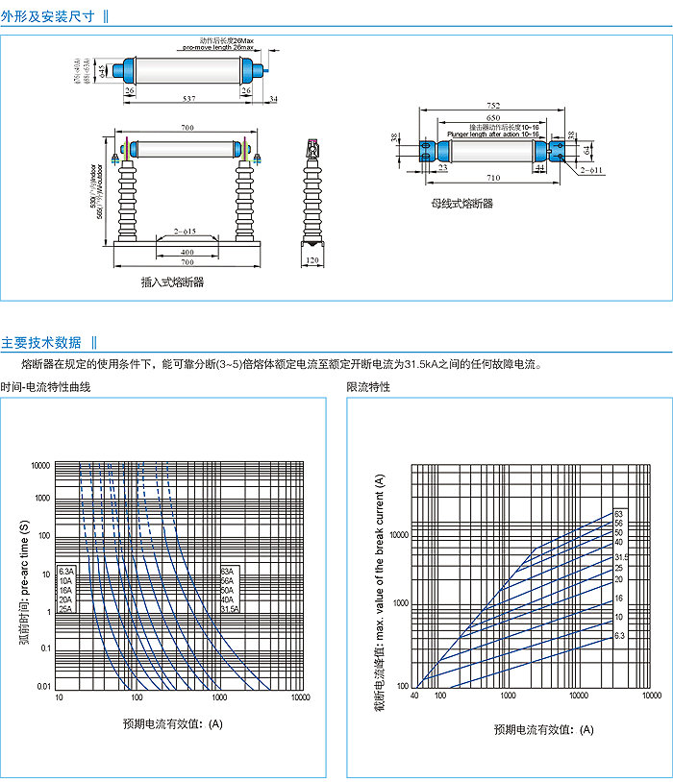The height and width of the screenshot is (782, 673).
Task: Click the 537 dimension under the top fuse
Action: (189, 98)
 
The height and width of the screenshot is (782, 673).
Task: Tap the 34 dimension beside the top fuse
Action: (273, 98)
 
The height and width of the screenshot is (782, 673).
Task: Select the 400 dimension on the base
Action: (187, 251)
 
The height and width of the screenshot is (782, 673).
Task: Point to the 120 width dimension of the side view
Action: (312, 260)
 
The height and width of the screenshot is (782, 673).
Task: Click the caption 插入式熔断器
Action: (173, 282)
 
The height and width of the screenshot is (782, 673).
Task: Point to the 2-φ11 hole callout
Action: (590, 170)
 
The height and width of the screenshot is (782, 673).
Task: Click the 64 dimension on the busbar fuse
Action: (586, 149)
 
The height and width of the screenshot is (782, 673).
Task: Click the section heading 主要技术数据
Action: (41, 342)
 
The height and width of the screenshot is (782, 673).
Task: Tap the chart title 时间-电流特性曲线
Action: (45, 386)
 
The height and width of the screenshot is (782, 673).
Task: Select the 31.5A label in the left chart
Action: (230, 609)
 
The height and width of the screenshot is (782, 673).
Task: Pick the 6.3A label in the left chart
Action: (65, 572)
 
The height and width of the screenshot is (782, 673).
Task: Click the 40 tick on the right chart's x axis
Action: (416, 694)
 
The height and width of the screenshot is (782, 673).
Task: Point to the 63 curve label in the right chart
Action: (619, 514)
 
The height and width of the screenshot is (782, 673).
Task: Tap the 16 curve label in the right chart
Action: (619, 598)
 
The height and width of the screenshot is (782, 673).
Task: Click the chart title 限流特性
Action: (368, 386)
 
